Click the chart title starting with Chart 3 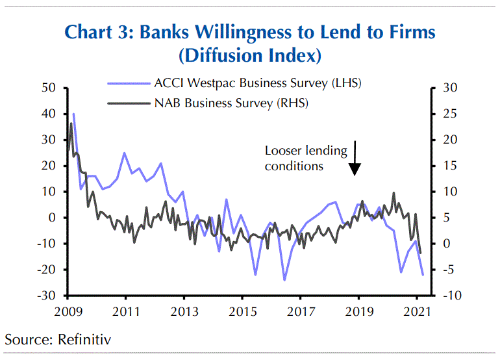click(249, 31)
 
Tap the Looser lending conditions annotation click(306, 158)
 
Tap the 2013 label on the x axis click(184, 311)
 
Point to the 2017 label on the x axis click(301, 311)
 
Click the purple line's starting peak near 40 click(73, 114)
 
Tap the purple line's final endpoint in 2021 click(423, 275)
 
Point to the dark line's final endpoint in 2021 click(421, 253)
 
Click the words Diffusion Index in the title click(249, 55)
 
